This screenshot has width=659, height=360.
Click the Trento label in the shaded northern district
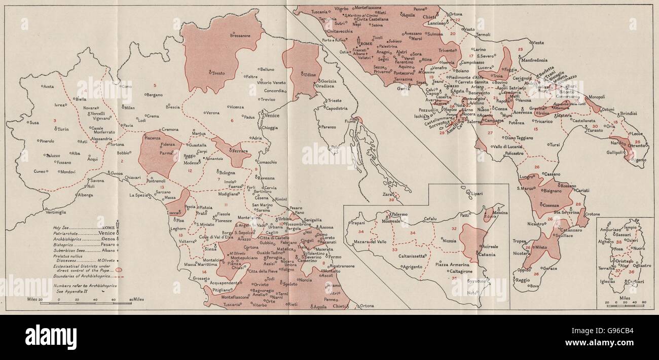[216, 73]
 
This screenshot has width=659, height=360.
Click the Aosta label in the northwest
[48, 87]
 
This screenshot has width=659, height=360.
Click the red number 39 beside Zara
[391, 200]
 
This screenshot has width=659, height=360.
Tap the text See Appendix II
[71, 291]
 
